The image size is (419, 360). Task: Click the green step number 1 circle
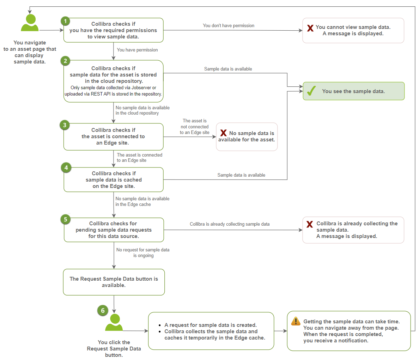click(65, 21)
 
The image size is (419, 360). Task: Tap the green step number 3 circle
click(65, 125)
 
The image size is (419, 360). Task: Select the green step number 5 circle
click(66, 219)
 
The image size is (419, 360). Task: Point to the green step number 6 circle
click(103, 310)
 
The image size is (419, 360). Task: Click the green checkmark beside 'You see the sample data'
click(311, 91)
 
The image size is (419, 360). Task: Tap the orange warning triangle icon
click(296, 321)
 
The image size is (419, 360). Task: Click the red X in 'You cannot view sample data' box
click(310, 28)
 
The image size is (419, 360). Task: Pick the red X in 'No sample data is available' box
click(224, 133)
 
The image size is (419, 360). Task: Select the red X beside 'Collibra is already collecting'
click(310, 224)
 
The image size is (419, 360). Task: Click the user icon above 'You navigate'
click(30, 23)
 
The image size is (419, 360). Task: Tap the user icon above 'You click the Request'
click(114, 323)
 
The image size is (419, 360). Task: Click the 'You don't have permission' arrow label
click(229, 25)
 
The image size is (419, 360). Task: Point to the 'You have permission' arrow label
click(137, 50)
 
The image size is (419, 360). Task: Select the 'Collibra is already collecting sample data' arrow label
click(230, 224)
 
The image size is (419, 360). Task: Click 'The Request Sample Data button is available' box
click(114, 282)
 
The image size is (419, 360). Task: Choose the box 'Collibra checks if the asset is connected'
click(113, 136)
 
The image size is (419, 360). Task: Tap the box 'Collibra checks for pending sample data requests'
click(114, 230)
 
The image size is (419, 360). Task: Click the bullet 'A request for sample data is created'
click(211, 325)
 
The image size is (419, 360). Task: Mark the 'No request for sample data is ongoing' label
click(143, 252)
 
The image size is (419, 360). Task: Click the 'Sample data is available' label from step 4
click(241, 175)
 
